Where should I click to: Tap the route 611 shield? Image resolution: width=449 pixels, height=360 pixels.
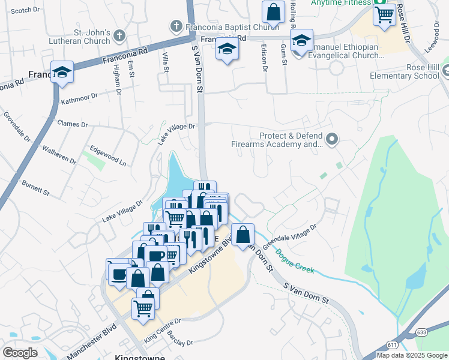coord(393,344)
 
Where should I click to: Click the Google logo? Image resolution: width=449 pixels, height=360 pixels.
coord(20,352)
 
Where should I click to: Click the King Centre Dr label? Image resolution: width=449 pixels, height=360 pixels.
coord(162,330)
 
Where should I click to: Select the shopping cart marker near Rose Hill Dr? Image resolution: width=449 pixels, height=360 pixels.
coord(384,13)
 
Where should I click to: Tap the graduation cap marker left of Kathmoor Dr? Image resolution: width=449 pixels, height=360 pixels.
coord(61,72)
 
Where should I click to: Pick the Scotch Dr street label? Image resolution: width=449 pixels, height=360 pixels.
coord(25,10)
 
